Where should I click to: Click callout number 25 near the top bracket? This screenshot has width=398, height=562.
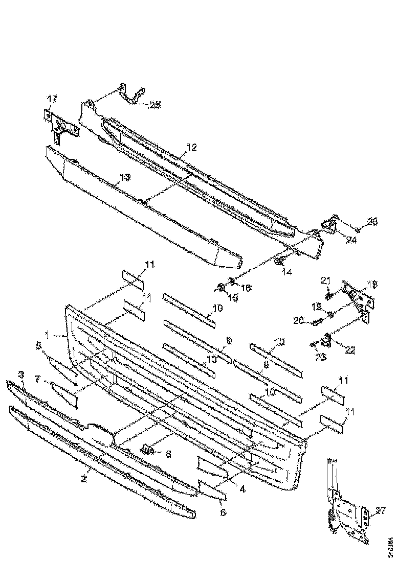[x=154, y=105]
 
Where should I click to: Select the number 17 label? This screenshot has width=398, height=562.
[x=53, y=98]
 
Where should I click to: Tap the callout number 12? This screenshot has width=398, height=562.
[x=191, y=147]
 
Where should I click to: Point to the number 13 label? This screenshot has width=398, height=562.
[x=125, y=177]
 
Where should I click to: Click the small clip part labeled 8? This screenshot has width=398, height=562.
[x=148, y=451]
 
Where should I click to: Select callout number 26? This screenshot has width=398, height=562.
[x=373, y=221]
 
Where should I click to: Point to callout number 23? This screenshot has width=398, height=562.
[x=320, y=358]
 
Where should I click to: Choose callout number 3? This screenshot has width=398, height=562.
[x=21, y=375]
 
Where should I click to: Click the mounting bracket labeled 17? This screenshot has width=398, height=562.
[x=61, y=125]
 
